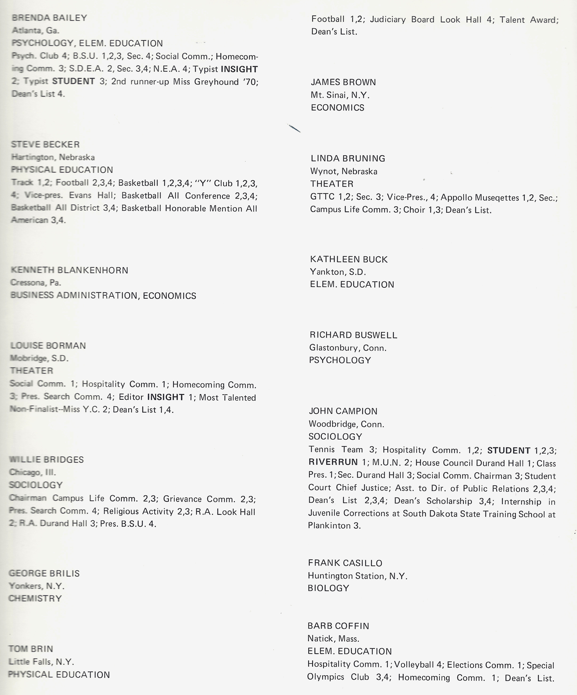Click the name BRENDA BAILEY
(x=49, y=18)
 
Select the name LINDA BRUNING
(x=348, y=159)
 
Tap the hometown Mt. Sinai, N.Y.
(x=340, y=95)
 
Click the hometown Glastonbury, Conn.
(x=348, y=348)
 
